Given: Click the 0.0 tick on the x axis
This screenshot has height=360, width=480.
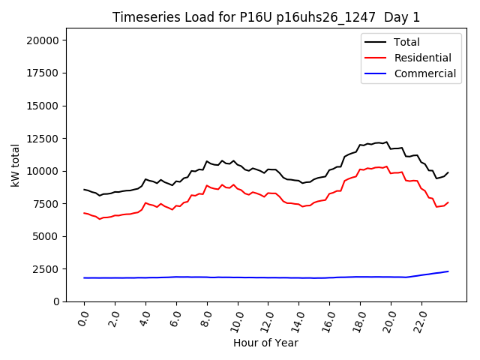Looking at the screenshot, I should tap(83, 319).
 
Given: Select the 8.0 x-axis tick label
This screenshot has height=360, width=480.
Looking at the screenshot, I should tap(206, 319).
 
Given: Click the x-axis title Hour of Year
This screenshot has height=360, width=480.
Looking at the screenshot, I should tap(265, 343).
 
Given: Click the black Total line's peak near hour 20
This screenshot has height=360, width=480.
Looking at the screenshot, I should tap(387, 141).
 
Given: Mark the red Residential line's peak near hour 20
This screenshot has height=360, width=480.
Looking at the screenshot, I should tap(387, 166).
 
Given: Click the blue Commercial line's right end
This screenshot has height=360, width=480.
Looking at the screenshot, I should tap(448, 271).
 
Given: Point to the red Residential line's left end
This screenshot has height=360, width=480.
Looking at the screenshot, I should tap(84, 213).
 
